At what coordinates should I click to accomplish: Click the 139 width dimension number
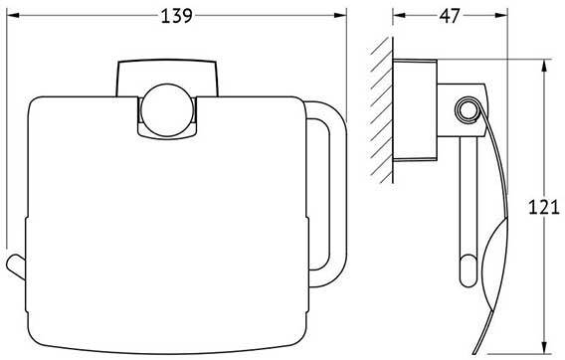(177, 16)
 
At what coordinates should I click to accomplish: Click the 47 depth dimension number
(450, 16)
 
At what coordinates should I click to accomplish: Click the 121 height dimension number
(544, 207)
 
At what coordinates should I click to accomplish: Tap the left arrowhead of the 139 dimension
(13, 15)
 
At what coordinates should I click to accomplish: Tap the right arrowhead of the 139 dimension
(340, 15)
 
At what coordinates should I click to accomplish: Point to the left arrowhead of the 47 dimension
(399, 15)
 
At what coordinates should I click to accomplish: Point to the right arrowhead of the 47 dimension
(501, 15)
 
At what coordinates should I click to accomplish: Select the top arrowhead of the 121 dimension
(544, 66)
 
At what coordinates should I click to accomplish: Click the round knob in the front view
(166, 110)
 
